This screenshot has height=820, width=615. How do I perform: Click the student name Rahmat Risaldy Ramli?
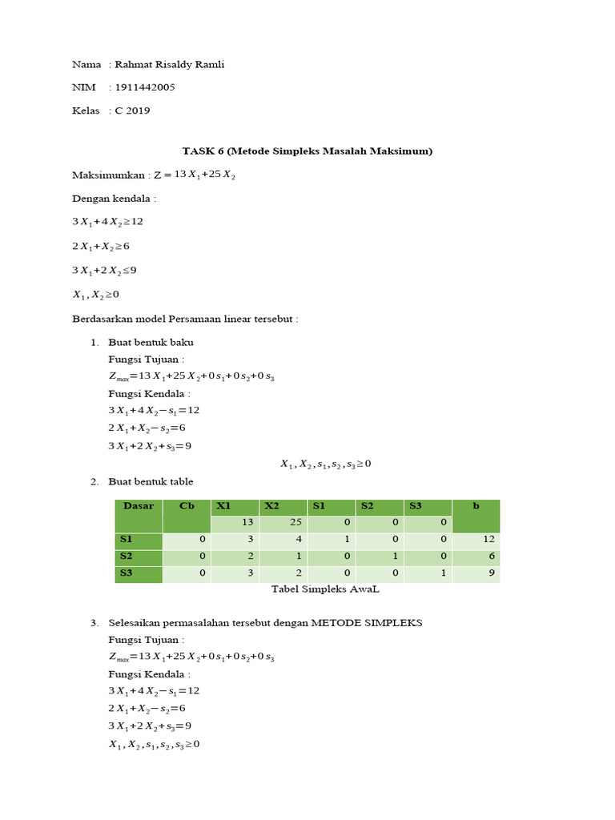(170, 65)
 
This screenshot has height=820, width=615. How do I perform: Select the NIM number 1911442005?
(145, 87)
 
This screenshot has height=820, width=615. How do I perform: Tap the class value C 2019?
(132, 111)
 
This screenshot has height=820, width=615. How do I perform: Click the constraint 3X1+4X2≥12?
(108, 221)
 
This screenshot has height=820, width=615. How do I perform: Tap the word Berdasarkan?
(102, 319)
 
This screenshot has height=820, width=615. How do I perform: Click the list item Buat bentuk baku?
(151, 342)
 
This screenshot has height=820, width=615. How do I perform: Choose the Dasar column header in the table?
(138, 507)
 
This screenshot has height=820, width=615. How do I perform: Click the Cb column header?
(187, 507)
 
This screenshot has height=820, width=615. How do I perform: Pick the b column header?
(476, 507)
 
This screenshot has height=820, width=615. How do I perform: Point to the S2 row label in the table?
(127, 557)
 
